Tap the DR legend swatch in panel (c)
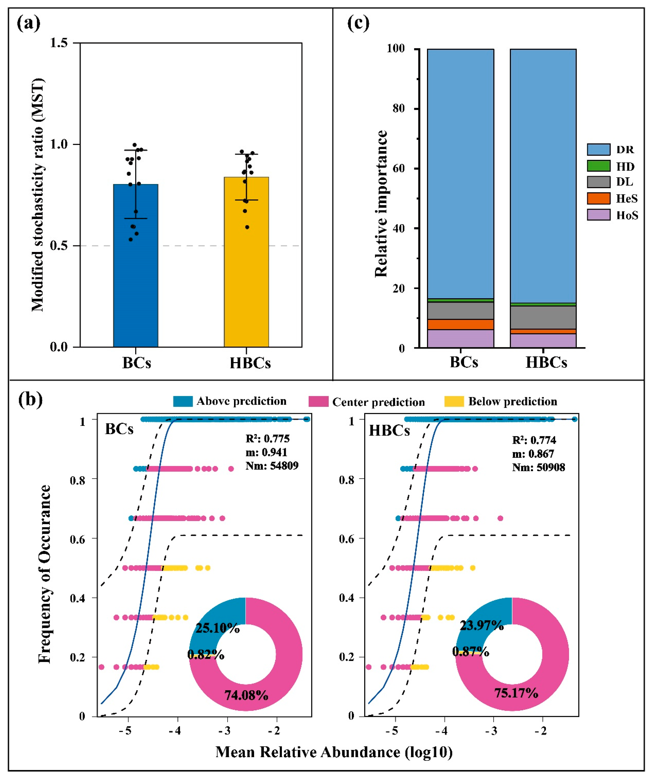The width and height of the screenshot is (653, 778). (598, 149)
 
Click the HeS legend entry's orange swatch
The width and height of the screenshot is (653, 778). (598, 198)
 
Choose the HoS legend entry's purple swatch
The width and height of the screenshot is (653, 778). (598, 215)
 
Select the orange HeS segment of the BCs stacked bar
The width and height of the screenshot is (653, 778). (461, 324)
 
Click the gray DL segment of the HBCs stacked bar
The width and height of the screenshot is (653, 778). (543, 317)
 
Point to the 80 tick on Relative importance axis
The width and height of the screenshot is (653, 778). (399, 109)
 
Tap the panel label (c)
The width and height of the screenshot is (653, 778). (358, 23)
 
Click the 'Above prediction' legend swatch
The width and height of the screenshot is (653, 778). (183, 401)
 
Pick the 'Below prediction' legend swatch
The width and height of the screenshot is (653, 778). (454, 401)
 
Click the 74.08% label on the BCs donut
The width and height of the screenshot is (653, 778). (246, 695)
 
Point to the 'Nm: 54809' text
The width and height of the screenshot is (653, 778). (272, 466)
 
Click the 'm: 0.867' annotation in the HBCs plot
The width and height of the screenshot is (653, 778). (533, 454)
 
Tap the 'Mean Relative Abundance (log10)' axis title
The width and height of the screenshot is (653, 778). (334, 752)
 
